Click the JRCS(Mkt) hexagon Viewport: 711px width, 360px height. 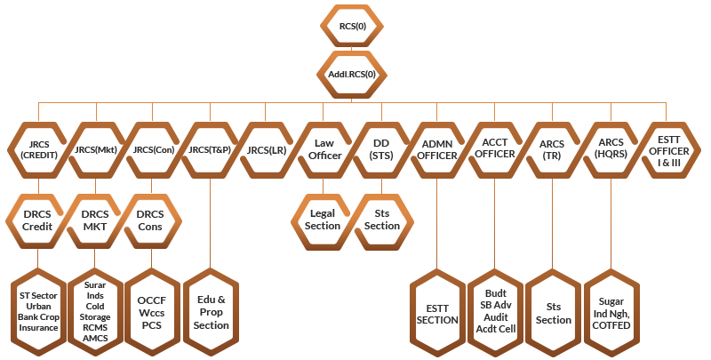(96, 149)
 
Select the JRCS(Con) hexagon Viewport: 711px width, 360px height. (153, 149)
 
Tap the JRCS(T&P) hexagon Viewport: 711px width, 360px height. (210, 149)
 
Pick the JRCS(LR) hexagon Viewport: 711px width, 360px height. (267, 149)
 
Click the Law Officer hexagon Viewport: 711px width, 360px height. (324, 149)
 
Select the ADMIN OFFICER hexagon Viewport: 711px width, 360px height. (437, 149)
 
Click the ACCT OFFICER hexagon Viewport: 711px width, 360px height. (494, 149)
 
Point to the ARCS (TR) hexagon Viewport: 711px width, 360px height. (551, 149)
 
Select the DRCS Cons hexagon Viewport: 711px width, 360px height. (151, 220)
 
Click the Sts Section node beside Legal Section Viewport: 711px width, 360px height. (382, 220)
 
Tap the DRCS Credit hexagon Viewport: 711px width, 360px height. (37, 220)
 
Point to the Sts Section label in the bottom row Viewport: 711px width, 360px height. (553, 313)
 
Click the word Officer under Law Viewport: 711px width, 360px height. (324, 156)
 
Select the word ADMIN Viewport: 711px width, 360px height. (437, 144)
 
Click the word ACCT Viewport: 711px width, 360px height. (494, 143)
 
